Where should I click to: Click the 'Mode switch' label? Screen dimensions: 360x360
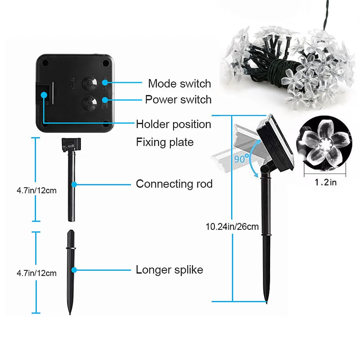coord(179,84)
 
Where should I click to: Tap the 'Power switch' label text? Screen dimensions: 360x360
coord(178,99)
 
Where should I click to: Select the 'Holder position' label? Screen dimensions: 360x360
coord(174,125)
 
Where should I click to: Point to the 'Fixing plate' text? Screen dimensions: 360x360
coord(165,142)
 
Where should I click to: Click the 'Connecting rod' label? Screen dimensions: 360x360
coord(174,184)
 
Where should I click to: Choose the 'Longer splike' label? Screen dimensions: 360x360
coord(169,270)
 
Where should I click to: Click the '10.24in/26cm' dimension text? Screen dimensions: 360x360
coord(232,227)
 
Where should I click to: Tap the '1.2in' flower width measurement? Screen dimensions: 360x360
coord(326,183)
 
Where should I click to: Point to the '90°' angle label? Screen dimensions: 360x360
coord(242,158)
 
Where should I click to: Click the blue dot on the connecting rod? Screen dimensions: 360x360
coord(74,184)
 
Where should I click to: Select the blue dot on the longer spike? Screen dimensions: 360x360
coord(74,270)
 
